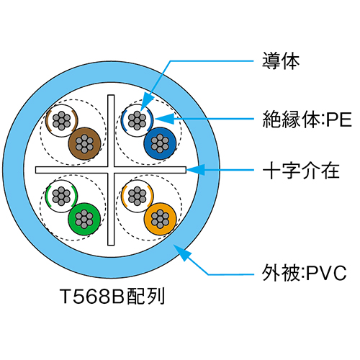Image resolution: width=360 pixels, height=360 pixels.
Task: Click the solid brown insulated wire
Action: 84,143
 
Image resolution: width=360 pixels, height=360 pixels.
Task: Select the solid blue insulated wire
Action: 160,143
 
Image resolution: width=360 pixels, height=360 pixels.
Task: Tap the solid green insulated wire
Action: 84,219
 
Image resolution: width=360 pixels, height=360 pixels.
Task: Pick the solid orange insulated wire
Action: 160,219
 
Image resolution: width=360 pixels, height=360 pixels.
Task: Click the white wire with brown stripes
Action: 62,121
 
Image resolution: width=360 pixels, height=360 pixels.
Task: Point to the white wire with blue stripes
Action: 137,121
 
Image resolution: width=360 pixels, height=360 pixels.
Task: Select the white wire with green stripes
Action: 61,197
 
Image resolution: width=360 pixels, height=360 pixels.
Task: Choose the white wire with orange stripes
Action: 137,197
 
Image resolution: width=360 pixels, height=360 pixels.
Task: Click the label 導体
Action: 281,61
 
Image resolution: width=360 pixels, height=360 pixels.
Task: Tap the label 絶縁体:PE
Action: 307,120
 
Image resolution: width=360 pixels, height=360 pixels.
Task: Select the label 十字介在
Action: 301,171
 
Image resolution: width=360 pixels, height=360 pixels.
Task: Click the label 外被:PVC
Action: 305,273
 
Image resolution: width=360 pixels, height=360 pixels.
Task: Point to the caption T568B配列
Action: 112,296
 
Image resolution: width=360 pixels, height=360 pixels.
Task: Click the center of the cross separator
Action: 111,170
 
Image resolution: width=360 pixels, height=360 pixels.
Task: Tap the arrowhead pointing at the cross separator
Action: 195,170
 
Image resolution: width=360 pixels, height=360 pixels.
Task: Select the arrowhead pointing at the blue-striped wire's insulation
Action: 164,119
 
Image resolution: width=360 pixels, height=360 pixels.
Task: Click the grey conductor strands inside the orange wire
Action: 160,219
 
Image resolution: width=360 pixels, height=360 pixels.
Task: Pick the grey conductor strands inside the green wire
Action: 84,219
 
